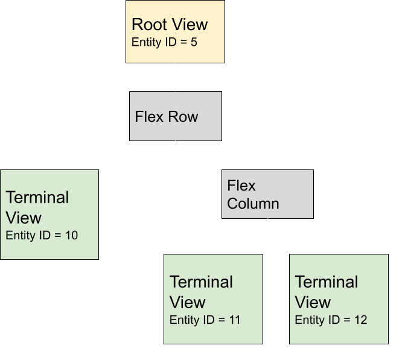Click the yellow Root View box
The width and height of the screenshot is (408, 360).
click(175, 31)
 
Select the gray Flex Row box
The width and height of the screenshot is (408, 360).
click(176, 116)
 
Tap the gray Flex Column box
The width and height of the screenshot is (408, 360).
click(268, 194)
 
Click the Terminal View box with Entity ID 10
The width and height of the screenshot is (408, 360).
click(49, 215)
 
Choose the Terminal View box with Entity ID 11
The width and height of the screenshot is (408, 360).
click(214, 299)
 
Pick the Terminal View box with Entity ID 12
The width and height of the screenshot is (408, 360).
click(339, 299)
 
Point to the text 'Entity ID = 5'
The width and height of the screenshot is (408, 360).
click(164, 43)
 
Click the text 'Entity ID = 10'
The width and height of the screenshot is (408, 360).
click(42, 235)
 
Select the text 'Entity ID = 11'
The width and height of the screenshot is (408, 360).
click(205, 320)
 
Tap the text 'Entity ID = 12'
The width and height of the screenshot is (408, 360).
click(331, 320)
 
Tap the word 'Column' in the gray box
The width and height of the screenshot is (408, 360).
click(253, 203)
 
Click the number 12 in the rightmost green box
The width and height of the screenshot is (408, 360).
click(360, 320)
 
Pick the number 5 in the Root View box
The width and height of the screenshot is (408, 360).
click(194, 43)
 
